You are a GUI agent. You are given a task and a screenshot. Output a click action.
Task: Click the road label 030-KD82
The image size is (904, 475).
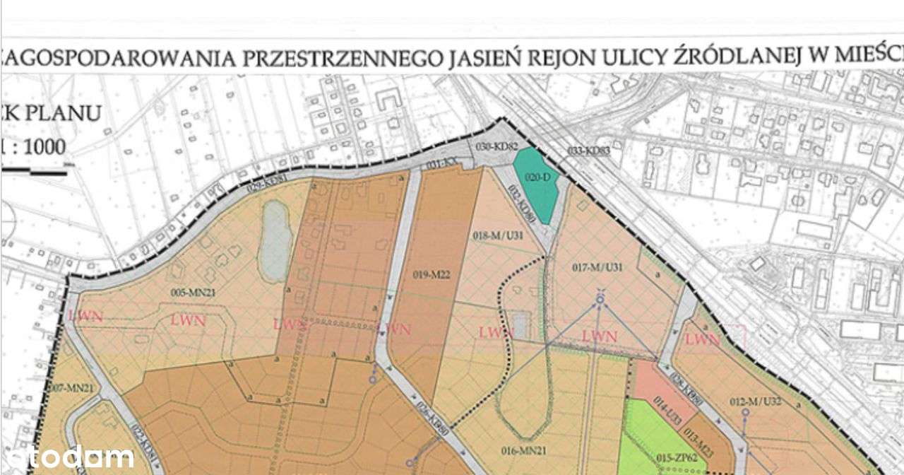[497, 146]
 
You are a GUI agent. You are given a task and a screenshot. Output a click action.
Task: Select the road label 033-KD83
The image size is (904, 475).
[588, 151]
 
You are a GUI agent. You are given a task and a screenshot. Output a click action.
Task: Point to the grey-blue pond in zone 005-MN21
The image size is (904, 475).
[273, 241]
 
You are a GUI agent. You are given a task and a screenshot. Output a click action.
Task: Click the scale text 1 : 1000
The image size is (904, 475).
[33, 148]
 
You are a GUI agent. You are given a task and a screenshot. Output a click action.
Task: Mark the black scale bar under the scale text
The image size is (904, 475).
[33, 170]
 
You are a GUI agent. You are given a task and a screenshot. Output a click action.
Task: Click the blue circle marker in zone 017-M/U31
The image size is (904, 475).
[600, 300]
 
